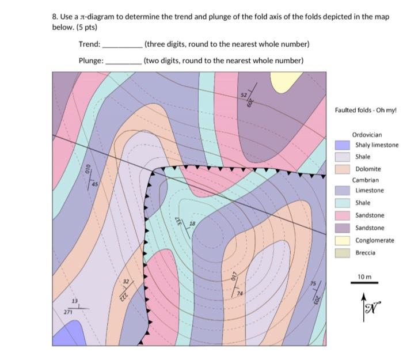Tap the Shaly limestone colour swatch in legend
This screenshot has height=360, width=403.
343,145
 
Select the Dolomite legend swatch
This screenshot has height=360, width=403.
343,169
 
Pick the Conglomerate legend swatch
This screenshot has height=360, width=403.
343,240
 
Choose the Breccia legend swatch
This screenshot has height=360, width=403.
343,252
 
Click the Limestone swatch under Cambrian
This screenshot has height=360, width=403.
343,190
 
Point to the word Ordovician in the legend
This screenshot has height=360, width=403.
367,134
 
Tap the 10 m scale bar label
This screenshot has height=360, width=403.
364,277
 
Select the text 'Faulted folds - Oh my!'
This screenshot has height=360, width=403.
366,110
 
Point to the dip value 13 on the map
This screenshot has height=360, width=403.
74,302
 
